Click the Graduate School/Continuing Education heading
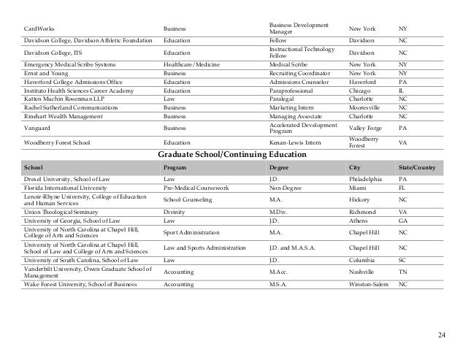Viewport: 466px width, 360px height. tap(232, 154)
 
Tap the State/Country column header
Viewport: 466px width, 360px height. tap(417, 167)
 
